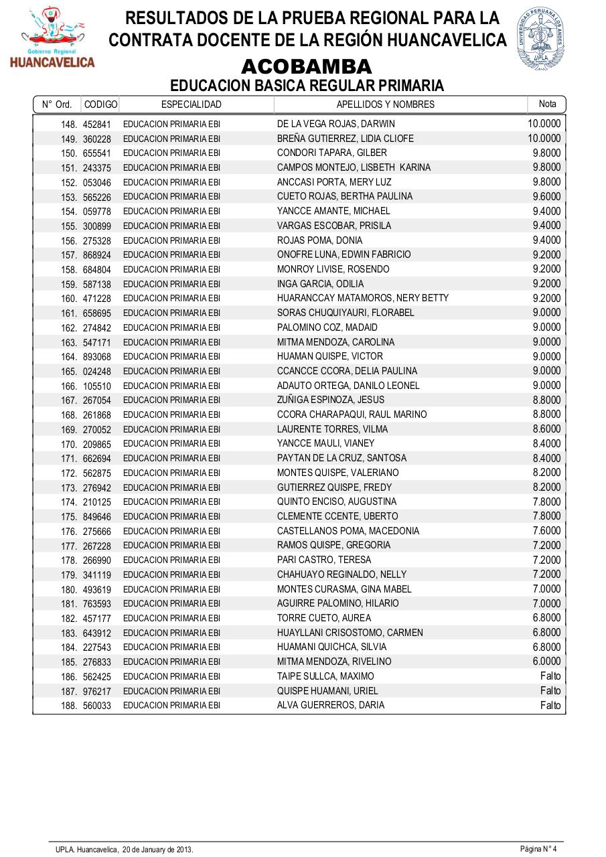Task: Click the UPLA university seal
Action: tap(540, 39)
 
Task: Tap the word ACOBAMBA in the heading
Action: tap(306, 67)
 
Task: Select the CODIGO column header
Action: tap(100, 104)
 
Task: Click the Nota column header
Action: tap(547, 104)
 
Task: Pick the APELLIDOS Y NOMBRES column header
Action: tap(385, 104)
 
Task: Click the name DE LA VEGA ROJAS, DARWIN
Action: tap(336, 124)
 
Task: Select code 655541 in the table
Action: tap(97, 153)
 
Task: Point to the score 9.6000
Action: tap(546, 196)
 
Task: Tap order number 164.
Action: tap(69, 357)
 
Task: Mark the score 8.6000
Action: tap(546, 428)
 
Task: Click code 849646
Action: tap(97, 517)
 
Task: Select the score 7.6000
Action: tap(546, 530)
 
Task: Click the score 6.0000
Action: tap(546, 661)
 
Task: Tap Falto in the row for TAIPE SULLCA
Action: tap(550, 676)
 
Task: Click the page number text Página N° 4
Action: tap(538, 849)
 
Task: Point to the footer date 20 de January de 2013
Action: tap(157, 850)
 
